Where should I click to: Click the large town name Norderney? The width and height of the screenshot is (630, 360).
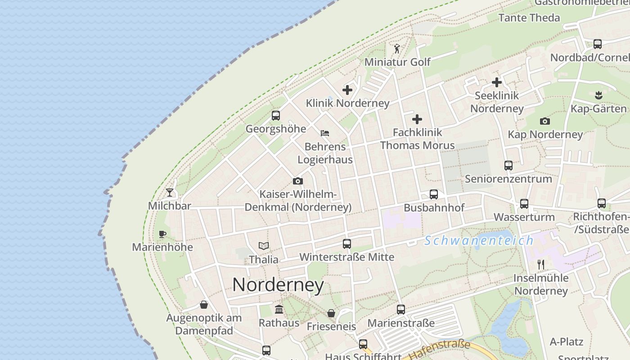click(x=278, y=285)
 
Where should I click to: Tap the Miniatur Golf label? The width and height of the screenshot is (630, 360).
click(x=397, y=62)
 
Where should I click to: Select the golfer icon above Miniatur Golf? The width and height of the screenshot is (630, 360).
click(x=397, y=48)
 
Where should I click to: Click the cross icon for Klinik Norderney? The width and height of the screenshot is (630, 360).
click(x=347, y=90)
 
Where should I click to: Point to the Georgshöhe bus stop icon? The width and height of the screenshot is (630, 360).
click(x=276, y=116)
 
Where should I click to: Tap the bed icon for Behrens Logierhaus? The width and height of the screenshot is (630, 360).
click(x=325, y=133)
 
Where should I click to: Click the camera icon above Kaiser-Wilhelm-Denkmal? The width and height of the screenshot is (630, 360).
click(x=297, y=181)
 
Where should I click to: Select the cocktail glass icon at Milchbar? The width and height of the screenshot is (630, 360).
click(x=170, y=193)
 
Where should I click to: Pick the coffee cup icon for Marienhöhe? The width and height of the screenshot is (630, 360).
click(x=162, y=234)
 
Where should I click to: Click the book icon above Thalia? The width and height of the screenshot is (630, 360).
click(x=264, y=246)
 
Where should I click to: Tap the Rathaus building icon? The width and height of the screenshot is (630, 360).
click(x=279, y=310)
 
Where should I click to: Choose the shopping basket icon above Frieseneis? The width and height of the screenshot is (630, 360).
click(x=331, y=313)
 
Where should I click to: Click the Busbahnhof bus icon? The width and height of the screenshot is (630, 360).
click(x=434, y=194)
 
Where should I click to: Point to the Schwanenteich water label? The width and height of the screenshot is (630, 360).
click(x=479, y=240)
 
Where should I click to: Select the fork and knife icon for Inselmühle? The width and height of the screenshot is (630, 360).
click(x=541, y=265)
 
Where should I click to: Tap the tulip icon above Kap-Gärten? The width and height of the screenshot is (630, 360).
click(x=598, y=95)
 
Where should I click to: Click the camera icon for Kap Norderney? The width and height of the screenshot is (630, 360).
click(x=545, y=121)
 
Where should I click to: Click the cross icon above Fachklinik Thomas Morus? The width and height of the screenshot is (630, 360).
click(x=417, y=119)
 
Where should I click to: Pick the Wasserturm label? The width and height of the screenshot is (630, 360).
click(x=524, y=217)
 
